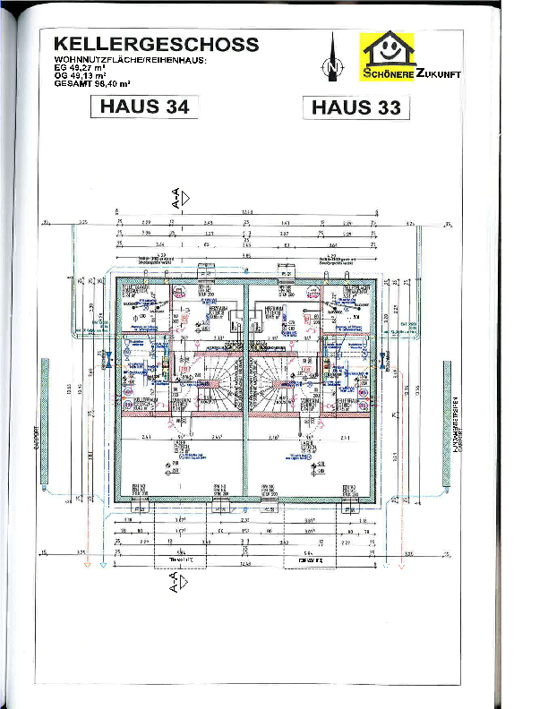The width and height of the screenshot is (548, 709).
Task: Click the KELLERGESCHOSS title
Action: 157,45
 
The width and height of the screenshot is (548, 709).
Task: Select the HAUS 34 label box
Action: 144,106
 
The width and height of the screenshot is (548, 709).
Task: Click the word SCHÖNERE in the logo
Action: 389,74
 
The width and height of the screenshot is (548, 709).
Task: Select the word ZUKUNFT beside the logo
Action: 438,74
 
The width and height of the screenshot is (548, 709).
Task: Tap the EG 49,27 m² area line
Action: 81,68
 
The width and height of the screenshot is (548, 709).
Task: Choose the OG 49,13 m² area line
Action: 81,75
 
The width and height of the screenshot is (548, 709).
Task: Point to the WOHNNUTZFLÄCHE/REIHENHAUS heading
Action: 130,60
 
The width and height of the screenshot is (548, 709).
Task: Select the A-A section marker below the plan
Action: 180,583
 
